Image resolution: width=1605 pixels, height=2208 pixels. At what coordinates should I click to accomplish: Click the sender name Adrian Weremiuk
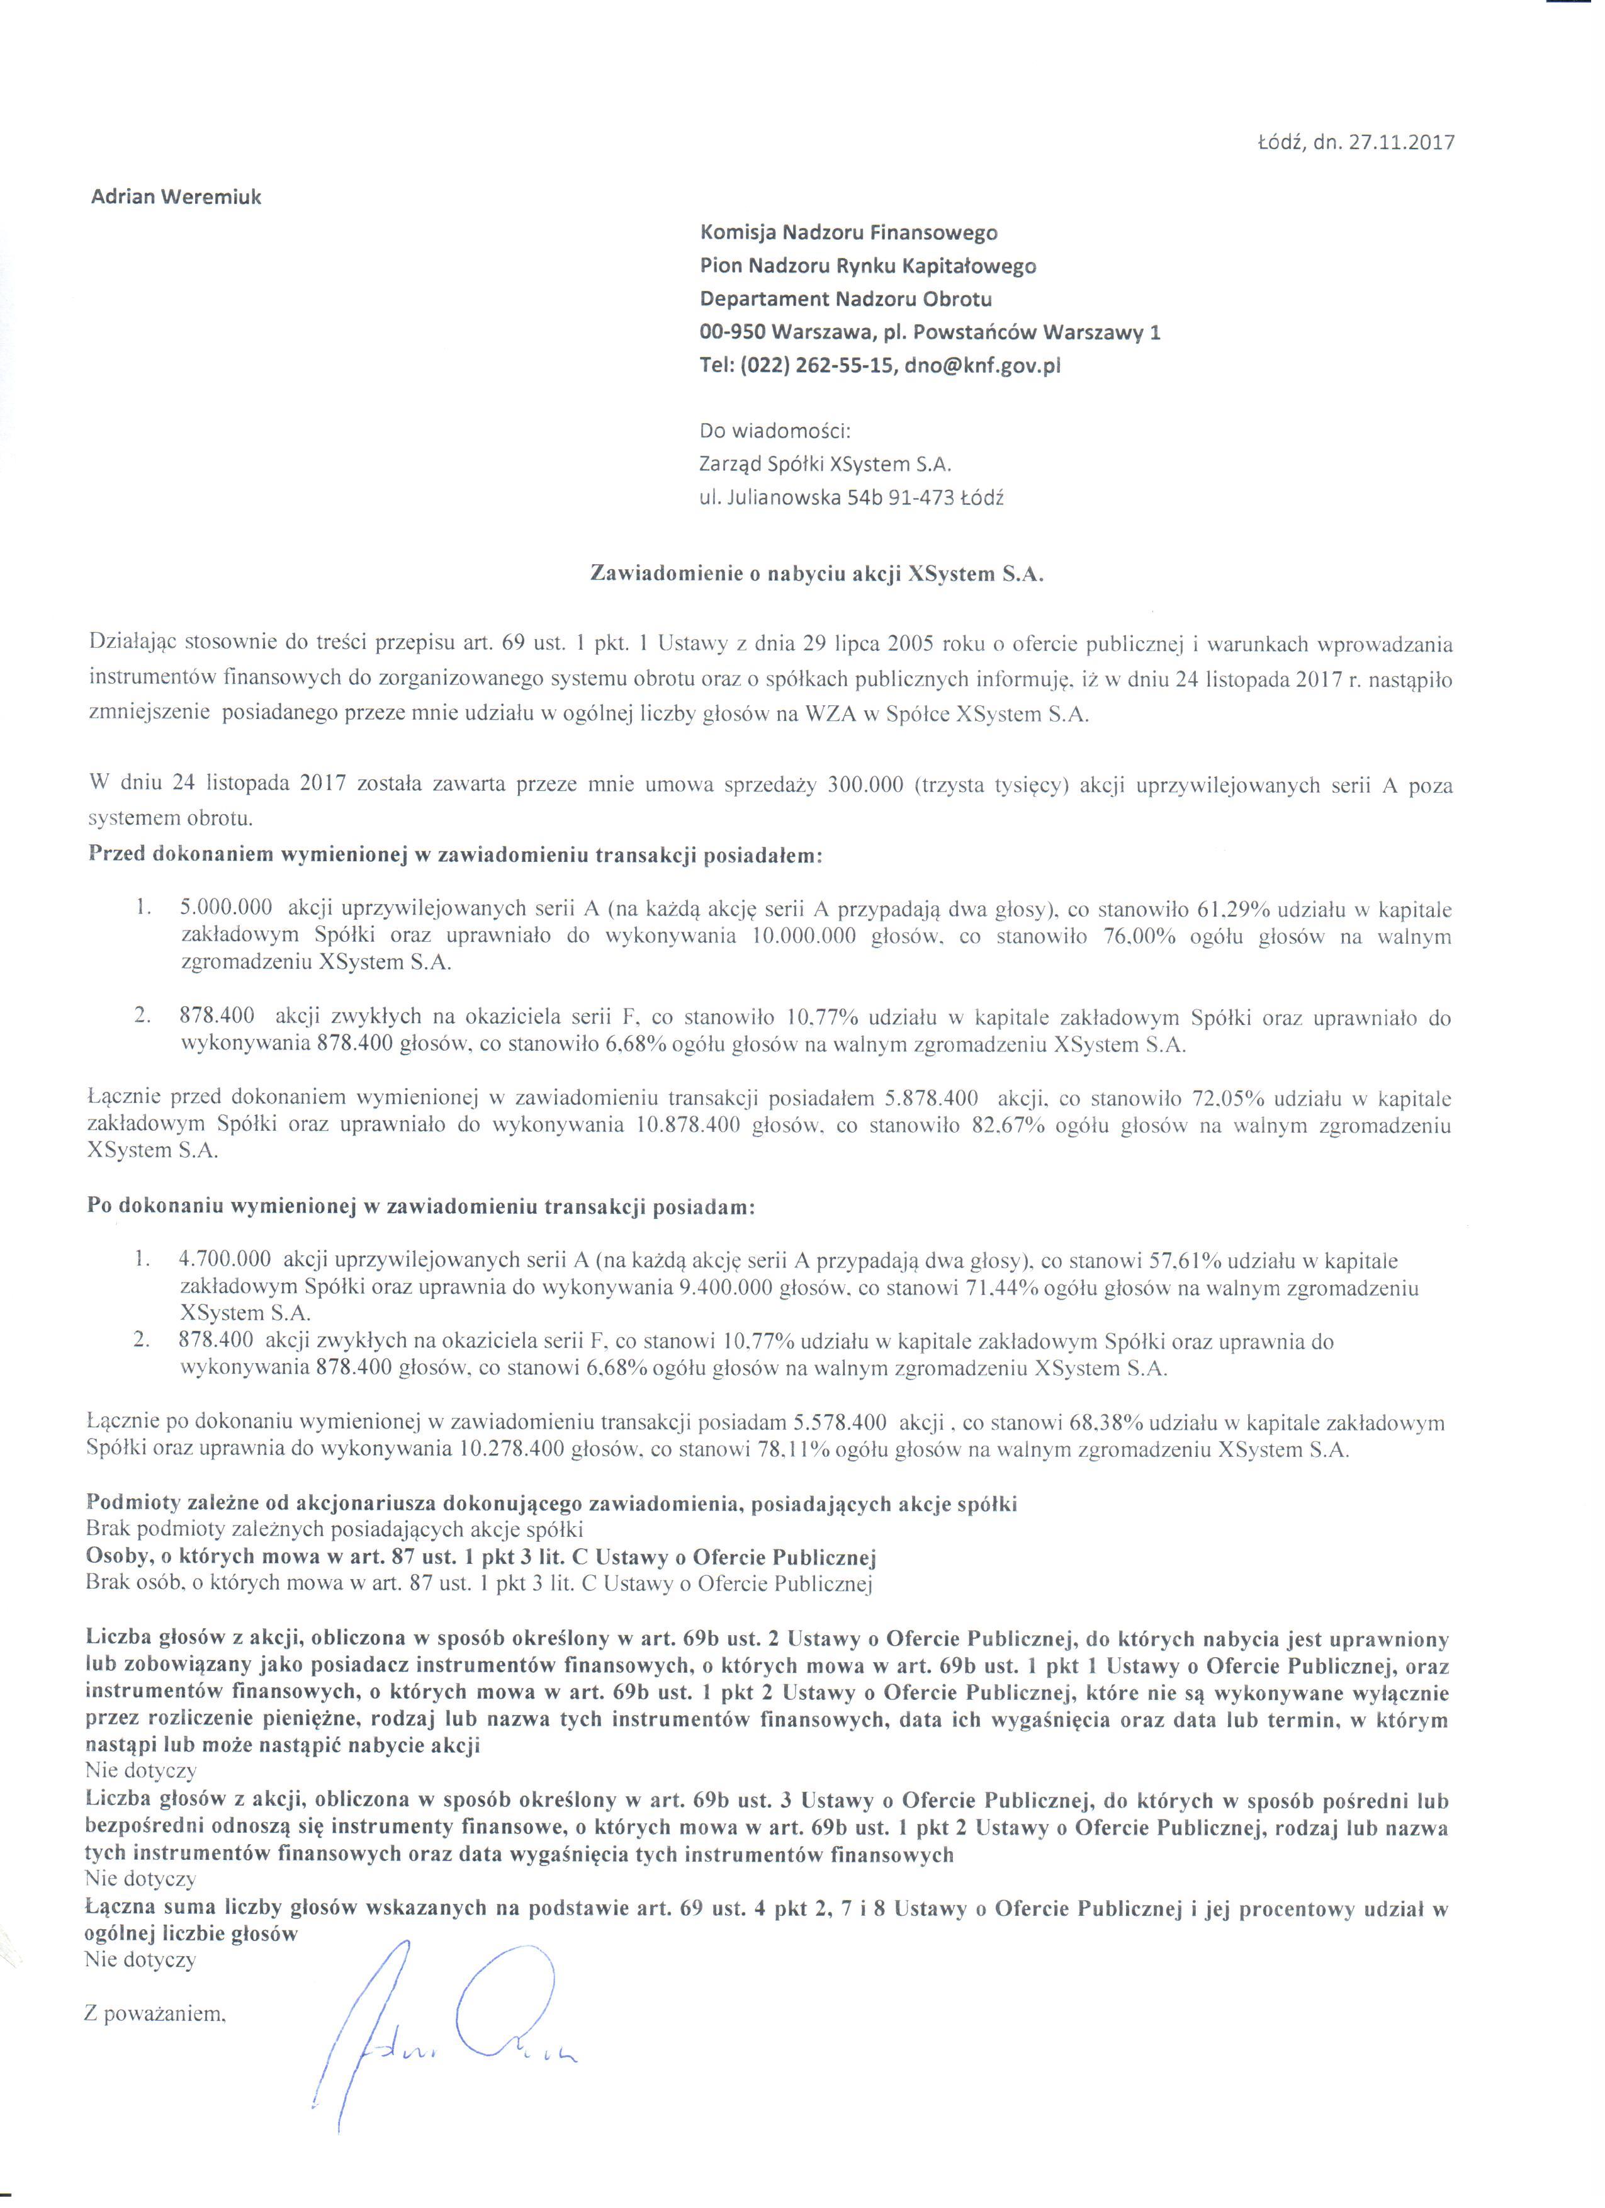point(176,196)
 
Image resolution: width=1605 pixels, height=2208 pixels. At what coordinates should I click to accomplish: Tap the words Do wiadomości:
point(775,430)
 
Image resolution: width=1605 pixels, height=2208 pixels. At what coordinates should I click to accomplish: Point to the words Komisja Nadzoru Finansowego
point(848,233)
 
